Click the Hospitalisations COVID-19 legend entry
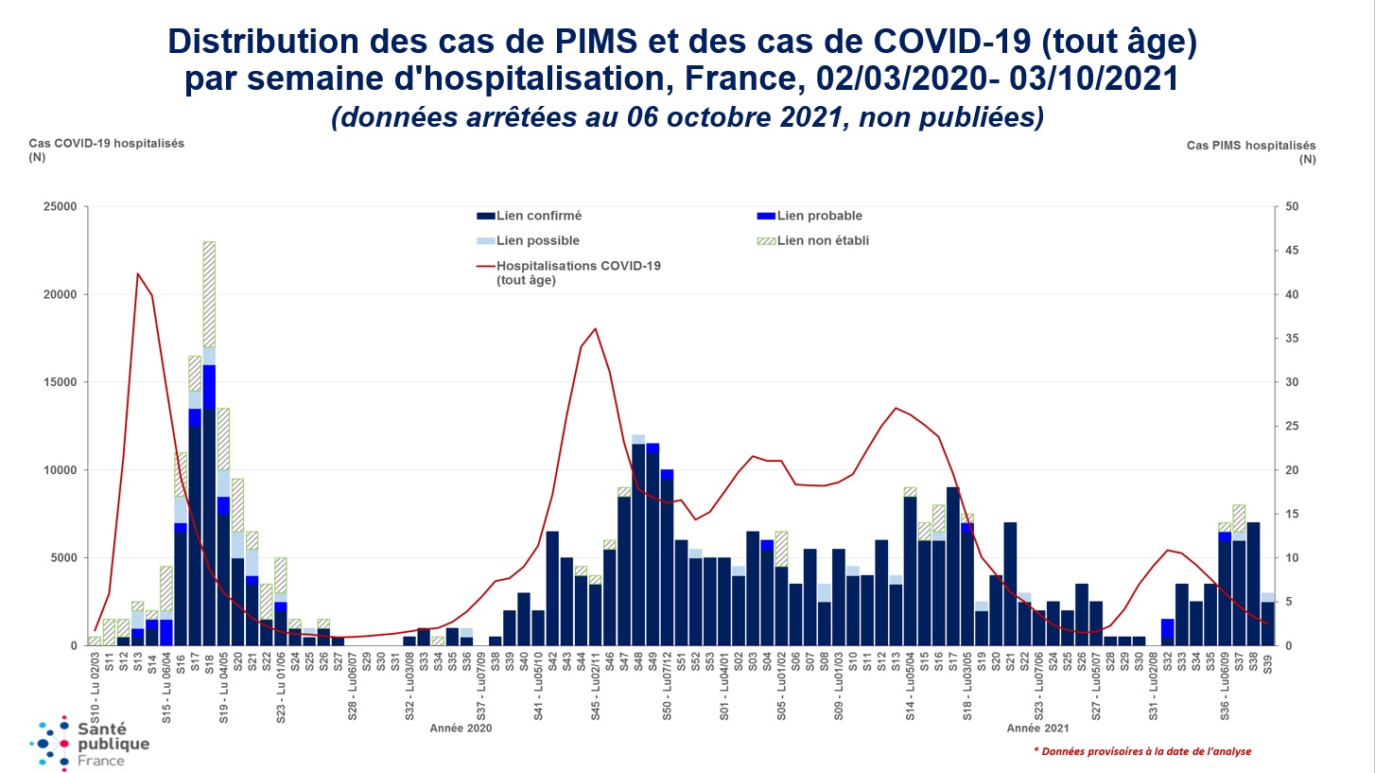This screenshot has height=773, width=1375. pos(569,272)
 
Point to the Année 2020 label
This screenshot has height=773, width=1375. pos(461,729)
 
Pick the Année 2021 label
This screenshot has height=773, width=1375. pos(1037,729)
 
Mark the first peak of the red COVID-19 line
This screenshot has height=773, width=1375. pos(138,273)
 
